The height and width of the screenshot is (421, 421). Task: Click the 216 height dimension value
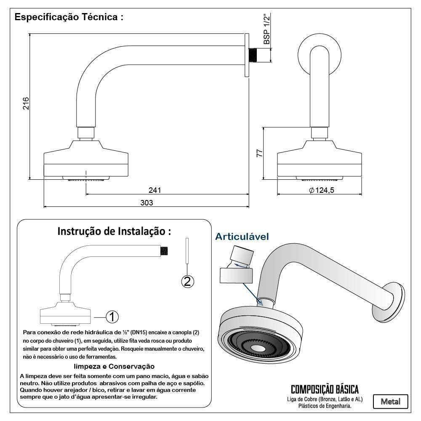[25, 104]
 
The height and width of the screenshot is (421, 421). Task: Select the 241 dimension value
[155, 190]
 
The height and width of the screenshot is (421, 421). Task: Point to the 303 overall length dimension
[146, 203]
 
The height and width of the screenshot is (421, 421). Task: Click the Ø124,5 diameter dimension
[322, 190]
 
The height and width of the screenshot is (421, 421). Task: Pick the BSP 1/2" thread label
[266, 29]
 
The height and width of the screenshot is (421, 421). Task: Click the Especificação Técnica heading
[69, 18]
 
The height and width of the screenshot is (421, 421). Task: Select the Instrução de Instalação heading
[114, 231]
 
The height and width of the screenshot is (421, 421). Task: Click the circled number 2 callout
[187, 281]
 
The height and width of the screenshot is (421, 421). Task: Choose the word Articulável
[242, 237]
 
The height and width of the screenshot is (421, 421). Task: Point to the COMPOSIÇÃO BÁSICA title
[325, 389]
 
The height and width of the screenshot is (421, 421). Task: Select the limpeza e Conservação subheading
[114, 366]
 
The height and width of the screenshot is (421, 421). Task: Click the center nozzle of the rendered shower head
[257, 348]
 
